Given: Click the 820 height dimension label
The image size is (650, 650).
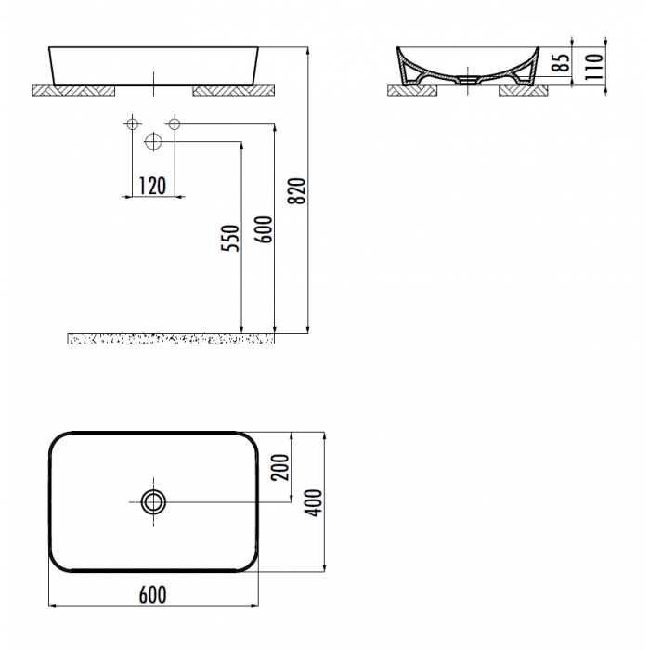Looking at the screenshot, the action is pyautogui.click(x=297, y=191).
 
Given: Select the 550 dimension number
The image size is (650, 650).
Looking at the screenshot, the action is pyautogui.click(x=230, y=238).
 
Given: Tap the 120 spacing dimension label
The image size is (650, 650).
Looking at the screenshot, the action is pyautogui.click(x=152, y=186).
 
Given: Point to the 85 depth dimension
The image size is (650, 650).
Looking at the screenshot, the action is pyautogui.click(x=562, y=63).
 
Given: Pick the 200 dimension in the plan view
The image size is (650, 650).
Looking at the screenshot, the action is pyautogui.click(x=279, y=468).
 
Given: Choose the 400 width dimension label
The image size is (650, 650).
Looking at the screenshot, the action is pyautogui.click(x=314, y=503).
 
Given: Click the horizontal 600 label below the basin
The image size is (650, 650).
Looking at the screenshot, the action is pyautogui.click(x=153, y=595).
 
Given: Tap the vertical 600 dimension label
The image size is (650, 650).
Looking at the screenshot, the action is pyautogui.click(x=264, y=229).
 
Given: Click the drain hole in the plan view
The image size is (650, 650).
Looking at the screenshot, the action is pyautogui.click(x=153, y=502).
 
